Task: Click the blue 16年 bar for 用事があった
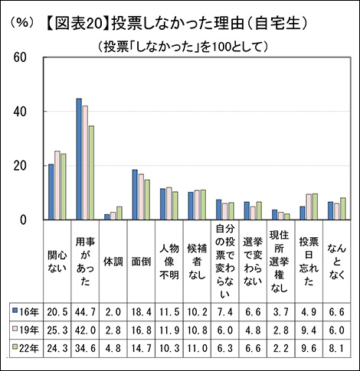point(79,159)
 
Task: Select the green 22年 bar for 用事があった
point(91,173)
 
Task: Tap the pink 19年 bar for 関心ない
point(57,185)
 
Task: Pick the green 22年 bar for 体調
point(119,213)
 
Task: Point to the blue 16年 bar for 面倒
point(135,194)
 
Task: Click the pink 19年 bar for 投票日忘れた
point(309,207)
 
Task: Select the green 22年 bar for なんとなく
point(343,209)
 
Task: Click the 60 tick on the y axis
point(20,57)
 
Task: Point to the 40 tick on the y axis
point(20,112)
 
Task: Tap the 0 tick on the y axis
point(23,220)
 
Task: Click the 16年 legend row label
point(29,312)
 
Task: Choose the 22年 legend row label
point(29,348)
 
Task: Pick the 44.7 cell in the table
point(85,312)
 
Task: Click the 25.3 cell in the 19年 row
point(57,330)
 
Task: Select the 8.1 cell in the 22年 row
point(337,348)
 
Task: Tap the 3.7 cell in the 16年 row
point(281,312)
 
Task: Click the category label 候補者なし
point(197,262)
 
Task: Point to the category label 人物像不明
point(169,262)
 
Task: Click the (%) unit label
point(22,23)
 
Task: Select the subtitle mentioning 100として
point(183,47)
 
